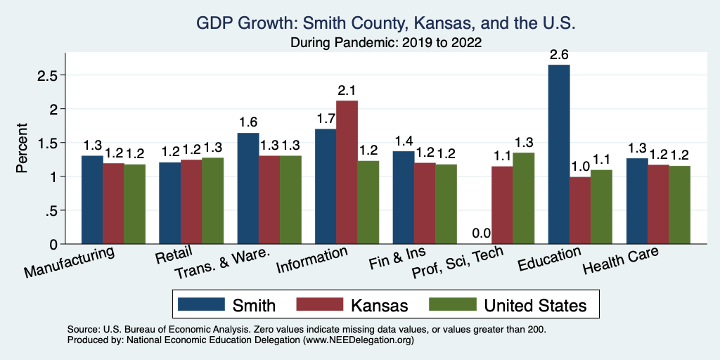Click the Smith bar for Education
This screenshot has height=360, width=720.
click(559, 155)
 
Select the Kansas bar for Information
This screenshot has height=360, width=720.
click(347, 172)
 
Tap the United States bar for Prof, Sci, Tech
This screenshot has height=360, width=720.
click(523, 198)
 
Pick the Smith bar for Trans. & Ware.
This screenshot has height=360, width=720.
click(248, 188)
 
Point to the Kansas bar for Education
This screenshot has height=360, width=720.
click(580, 210)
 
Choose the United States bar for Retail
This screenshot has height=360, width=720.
click(213, 201)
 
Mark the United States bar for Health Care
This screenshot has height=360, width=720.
click(679, 205)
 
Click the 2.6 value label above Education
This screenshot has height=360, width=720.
click(559, 53)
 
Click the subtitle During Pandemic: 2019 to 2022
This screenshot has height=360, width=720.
click(386, 42)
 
